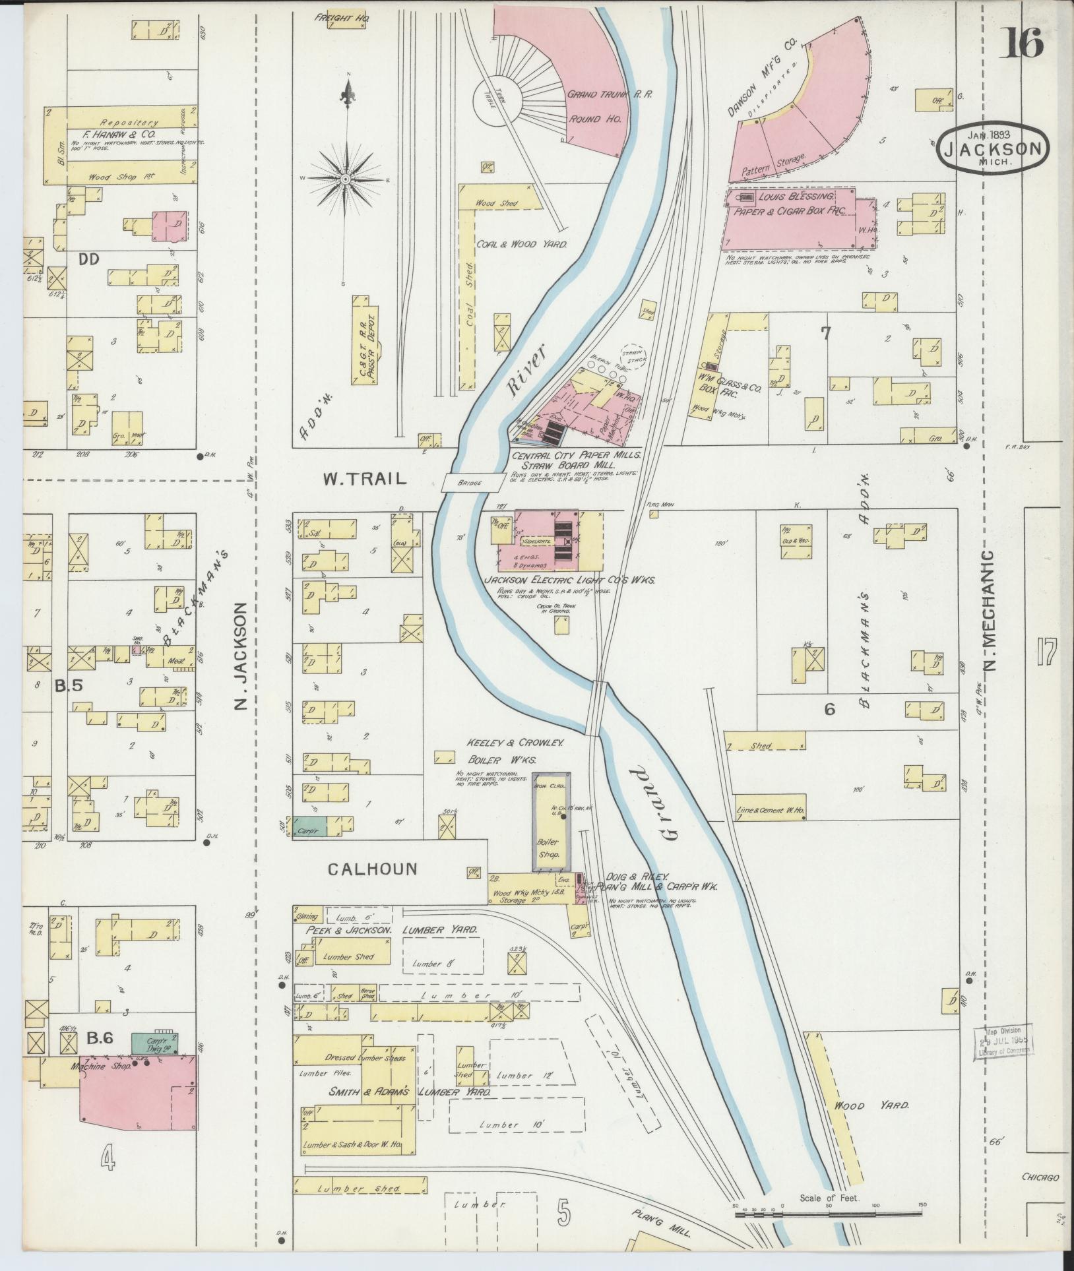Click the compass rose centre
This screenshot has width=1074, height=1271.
[345, 179]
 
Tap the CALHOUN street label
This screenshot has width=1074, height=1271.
[373, 869]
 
